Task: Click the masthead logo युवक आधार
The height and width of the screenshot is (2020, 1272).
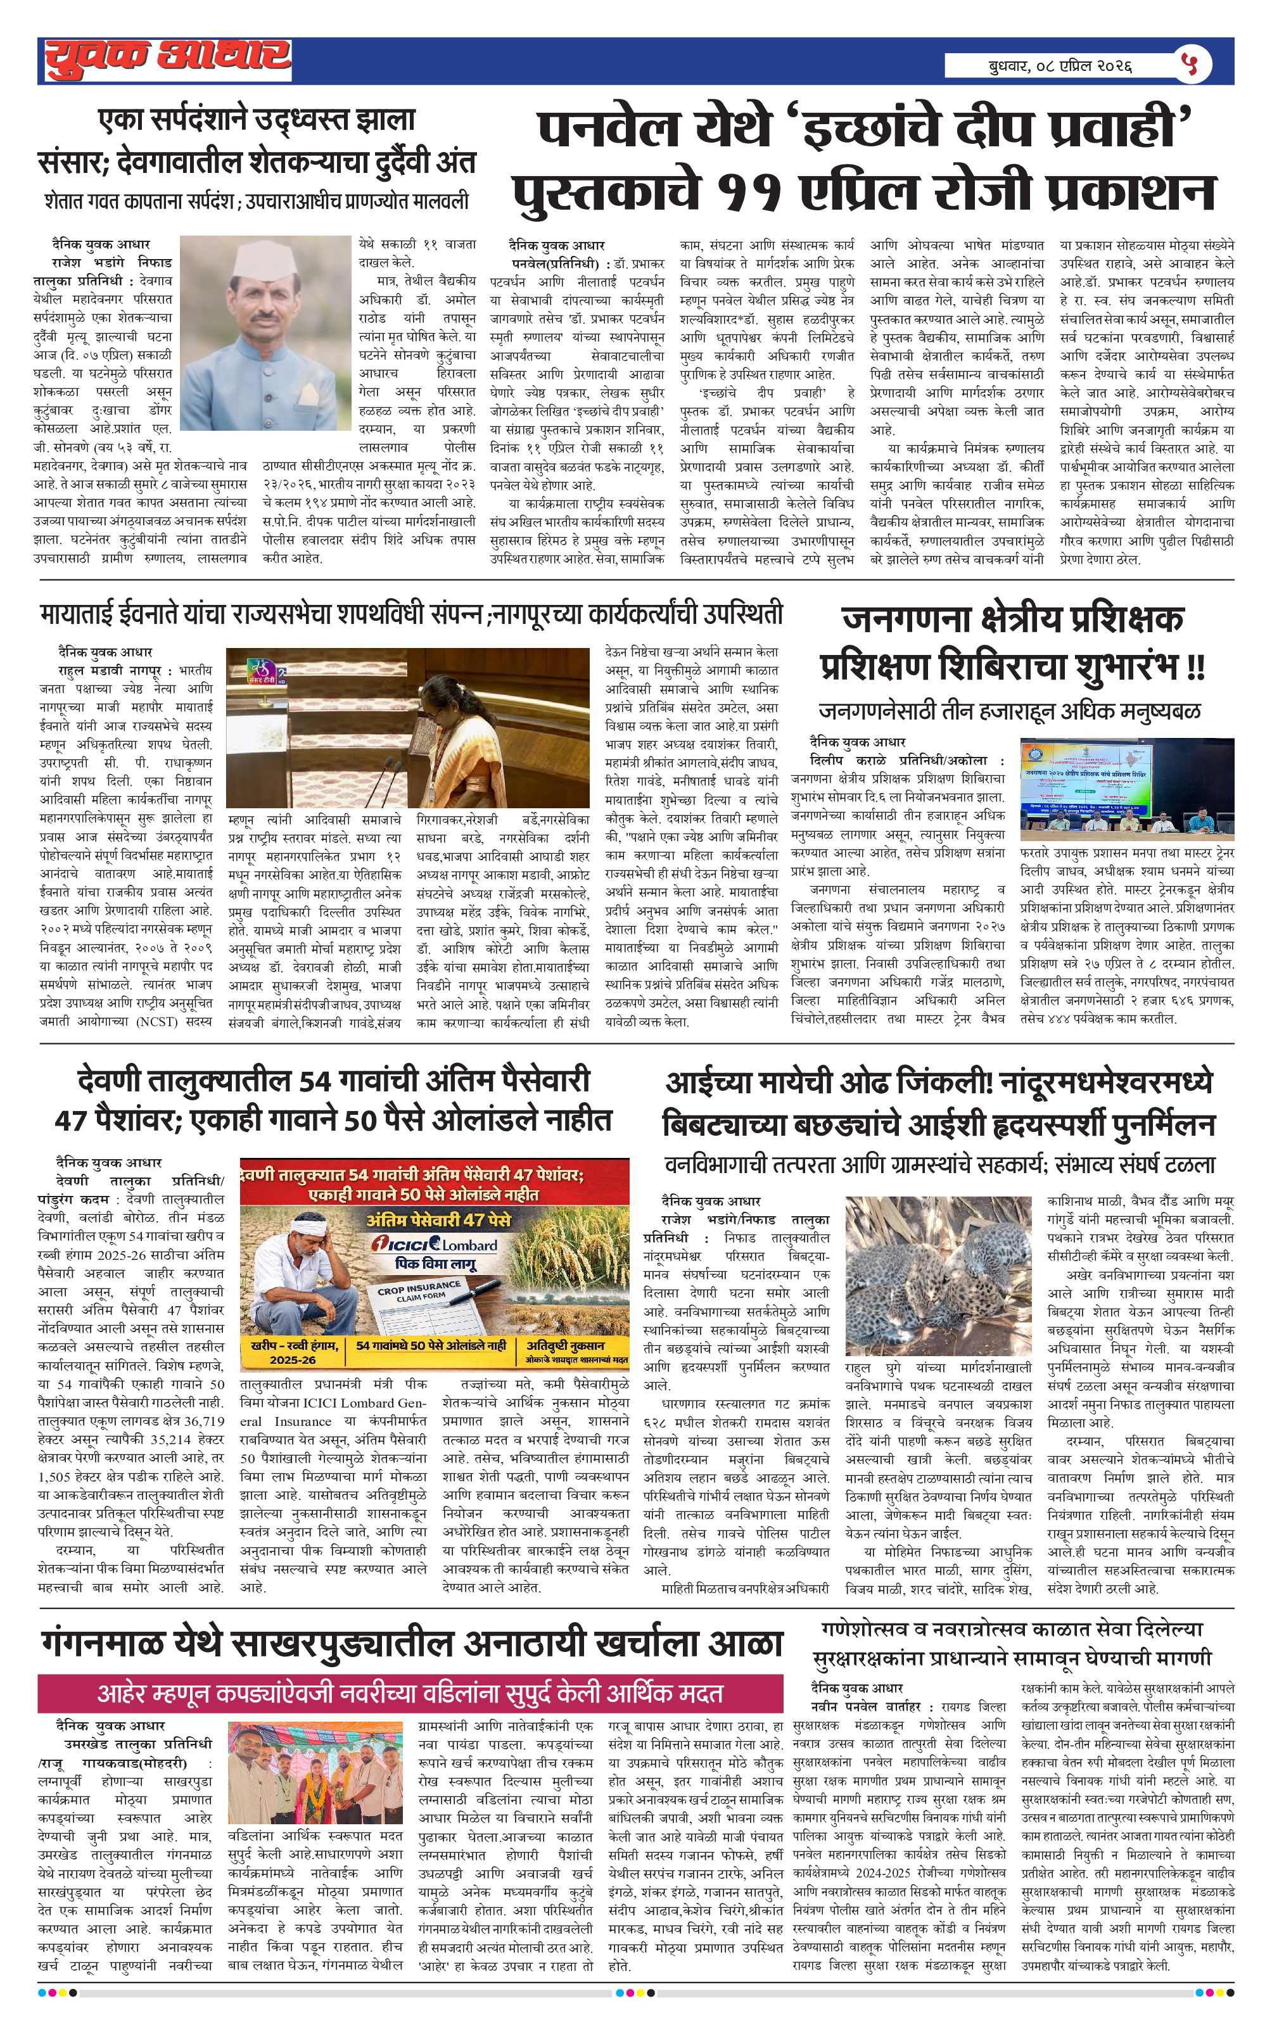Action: point(167,59)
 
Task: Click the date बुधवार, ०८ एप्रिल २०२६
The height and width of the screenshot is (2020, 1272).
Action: point(1060,65)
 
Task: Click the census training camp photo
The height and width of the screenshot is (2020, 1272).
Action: point(1126,789)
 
